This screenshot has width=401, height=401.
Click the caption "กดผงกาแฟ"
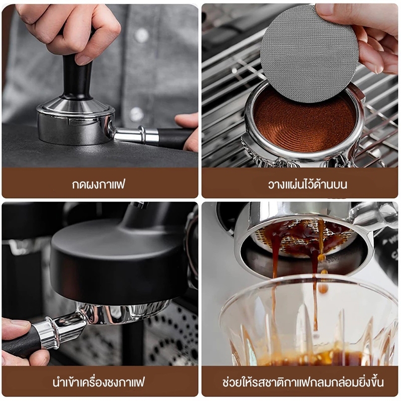pyautogui.click(x=98, y=184)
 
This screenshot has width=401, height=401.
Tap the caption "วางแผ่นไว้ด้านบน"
pyautogui.click(x=307, y=184)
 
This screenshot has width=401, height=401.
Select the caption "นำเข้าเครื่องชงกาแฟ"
pyautogui.click(x=99, y=382)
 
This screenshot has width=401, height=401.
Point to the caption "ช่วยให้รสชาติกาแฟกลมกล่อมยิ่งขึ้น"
pyautogui.click(x=303, y=382)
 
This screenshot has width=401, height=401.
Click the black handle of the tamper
pyautogui.click(x=77, y=77)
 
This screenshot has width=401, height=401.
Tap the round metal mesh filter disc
pyautogui.click(x=309, y=54)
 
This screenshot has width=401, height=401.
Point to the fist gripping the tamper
pyautogui.click(x=69, y=31)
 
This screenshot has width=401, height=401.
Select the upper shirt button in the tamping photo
pyautogui.click(x=141, y=35)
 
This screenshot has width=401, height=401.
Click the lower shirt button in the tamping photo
pyautogui.click(x=136, y=114)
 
